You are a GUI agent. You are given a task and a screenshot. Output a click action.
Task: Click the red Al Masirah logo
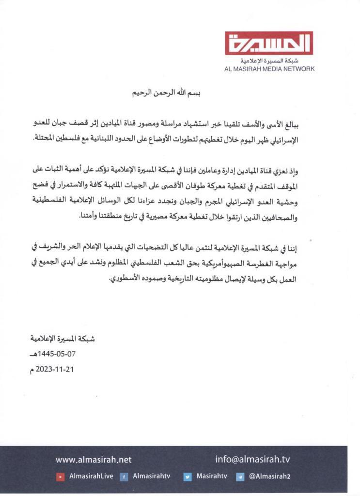tap(269, 44)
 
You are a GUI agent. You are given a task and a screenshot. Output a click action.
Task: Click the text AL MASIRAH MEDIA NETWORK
tap(269, 69)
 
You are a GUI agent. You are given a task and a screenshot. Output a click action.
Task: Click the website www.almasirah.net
tap(94, 460)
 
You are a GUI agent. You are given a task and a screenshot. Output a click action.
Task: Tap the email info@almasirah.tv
tap(252, 460)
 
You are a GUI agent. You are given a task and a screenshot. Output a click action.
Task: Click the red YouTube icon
tap(61, 477)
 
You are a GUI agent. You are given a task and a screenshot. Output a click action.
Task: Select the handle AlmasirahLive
tap(91, 476)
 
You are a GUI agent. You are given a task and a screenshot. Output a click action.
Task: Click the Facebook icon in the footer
tap(124, 477)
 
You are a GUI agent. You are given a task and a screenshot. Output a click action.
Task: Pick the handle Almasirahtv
tap(151, 476)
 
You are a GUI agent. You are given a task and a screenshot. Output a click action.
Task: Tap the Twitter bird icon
tap(188, 477)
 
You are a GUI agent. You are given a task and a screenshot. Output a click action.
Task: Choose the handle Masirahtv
tap(212, 476)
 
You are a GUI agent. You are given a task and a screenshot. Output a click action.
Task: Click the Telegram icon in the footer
tap(240, 477)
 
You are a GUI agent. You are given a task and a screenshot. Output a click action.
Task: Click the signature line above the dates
tap(63, 339)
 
